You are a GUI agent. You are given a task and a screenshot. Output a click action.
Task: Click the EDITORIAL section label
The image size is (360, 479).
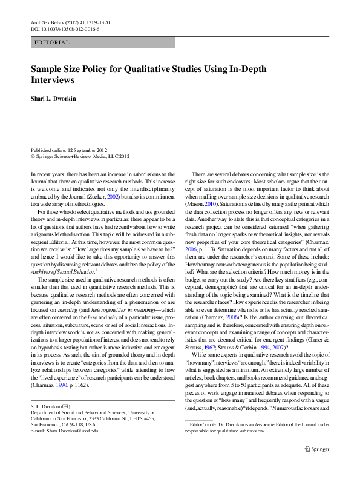[x=52, y=42]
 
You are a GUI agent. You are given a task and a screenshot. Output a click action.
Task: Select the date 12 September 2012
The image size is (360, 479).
[x=88, y=150]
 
